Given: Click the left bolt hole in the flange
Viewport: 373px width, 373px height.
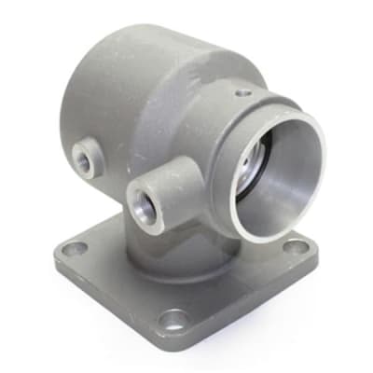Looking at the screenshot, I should pyautogui.click(x=77, y=248).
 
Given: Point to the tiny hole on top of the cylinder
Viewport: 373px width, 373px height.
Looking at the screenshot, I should pyautogui.click(x=242, y=92).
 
